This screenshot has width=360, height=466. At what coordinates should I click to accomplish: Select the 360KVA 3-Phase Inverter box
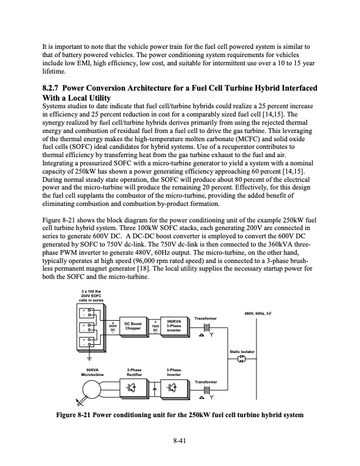point(175,326)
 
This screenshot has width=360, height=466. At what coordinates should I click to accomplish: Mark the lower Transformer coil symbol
point(205,390)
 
